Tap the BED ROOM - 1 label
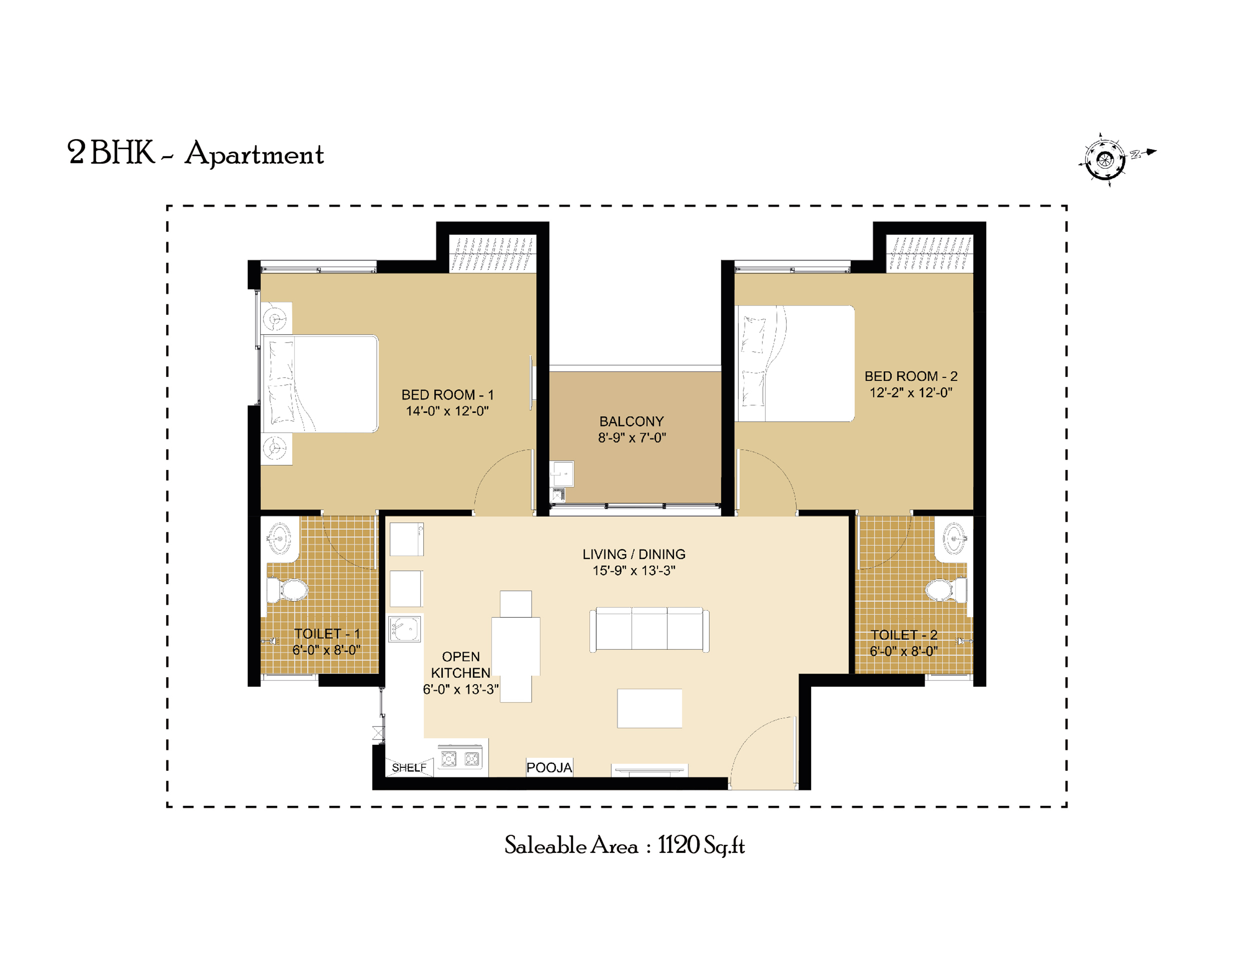pos(448,395)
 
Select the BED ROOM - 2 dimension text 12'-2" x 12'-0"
pos(911,393)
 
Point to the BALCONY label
pos(631,422)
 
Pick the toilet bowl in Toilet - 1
pos(288,590)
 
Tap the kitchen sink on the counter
pos(405,629)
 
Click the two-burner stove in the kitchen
pos(460,758)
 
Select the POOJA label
pos(549,768)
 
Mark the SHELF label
pos(409,768)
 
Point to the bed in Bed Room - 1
pos(320,384)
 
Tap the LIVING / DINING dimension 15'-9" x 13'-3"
pos(634,570)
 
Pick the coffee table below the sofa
pos(649,708)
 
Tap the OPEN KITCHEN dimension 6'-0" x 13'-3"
pos(461,689)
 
